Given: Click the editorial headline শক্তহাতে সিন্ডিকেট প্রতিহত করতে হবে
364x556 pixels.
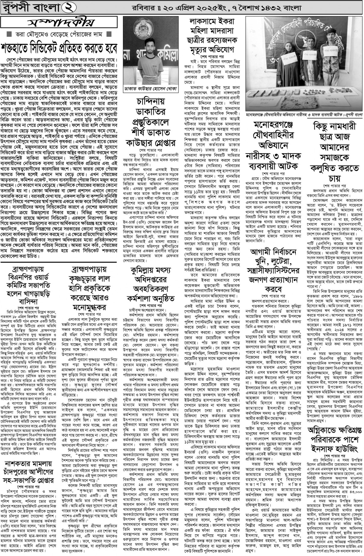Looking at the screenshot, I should tap(59, 48).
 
